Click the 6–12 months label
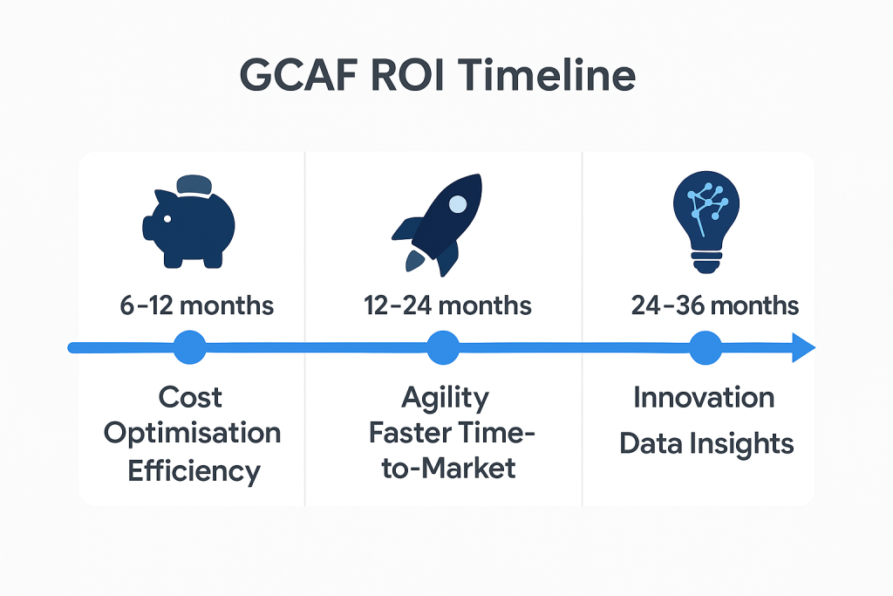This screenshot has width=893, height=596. tap(197, 306)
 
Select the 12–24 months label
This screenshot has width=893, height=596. tap(448, 306)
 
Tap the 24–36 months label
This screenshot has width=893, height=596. tap(714, 306)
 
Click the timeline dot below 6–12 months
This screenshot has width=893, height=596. tap(190, 347)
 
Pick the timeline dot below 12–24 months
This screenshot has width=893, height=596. tap(443, 347)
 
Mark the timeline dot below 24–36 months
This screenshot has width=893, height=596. tap(705, 347)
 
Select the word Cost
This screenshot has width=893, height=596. tap(190, 398)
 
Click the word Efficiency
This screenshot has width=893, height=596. tap(194, 472)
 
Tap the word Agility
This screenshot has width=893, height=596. tap(445, 398)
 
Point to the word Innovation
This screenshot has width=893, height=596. tap(704, 398)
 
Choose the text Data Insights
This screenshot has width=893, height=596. tap(706, 443)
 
